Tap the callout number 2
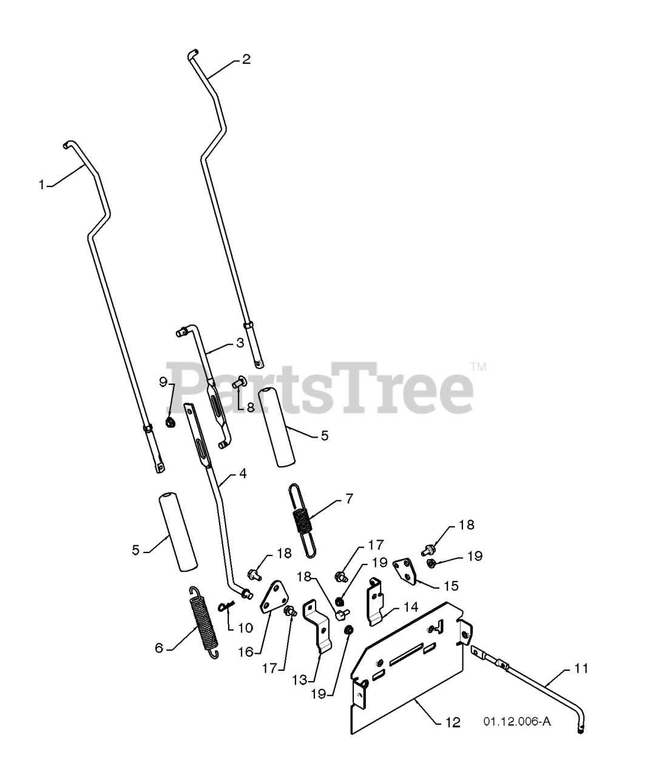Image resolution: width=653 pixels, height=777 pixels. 246,59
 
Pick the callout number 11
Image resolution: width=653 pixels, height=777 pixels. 581,669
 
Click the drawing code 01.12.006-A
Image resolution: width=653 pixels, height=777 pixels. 517,722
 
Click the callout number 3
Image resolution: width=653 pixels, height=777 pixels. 240,343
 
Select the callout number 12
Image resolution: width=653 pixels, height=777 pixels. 453,722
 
